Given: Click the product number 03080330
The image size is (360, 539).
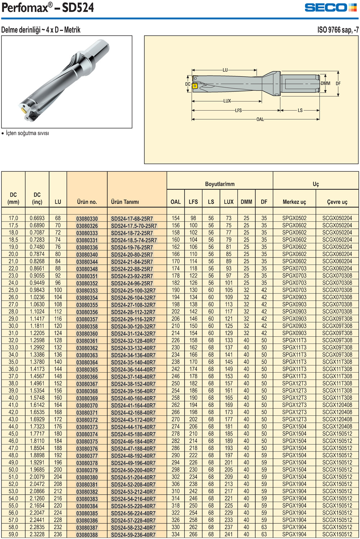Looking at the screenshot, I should pos(87,219).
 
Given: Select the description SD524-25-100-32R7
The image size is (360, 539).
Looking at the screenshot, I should pos(133,291).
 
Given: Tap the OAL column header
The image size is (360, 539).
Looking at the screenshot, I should pos(176,202).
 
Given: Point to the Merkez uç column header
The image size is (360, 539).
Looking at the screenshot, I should pos(294,202).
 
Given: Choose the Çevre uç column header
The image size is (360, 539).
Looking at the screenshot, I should pos(337,202).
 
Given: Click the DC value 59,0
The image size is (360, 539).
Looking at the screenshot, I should pos(13,535).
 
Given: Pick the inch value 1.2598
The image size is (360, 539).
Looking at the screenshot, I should pos(37,341).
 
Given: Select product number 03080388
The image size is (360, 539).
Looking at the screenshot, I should pos(87,535).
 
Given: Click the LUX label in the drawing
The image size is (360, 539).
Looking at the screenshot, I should pos(227,101).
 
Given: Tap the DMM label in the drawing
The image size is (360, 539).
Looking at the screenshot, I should pos(325,84).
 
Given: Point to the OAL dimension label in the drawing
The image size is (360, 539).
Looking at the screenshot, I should pos(260,120).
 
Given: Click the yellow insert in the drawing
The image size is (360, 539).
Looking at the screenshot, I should pos(195,86).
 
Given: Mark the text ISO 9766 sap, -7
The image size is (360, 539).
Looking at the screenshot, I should pos(338,30).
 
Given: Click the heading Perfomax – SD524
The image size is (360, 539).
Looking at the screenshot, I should pos(48,8).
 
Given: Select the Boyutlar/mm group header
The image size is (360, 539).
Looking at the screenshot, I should pos(220,184).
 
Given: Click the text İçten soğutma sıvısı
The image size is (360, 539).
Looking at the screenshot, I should pos(27,134).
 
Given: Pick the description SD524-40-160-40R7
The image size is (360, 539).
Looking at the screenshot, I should pos(133,398).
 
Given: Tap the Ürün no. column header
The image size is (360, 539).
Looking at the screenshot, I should pos(87,202).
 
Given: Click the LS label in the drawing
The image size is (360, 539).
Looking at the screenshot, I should pos(300,111).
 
